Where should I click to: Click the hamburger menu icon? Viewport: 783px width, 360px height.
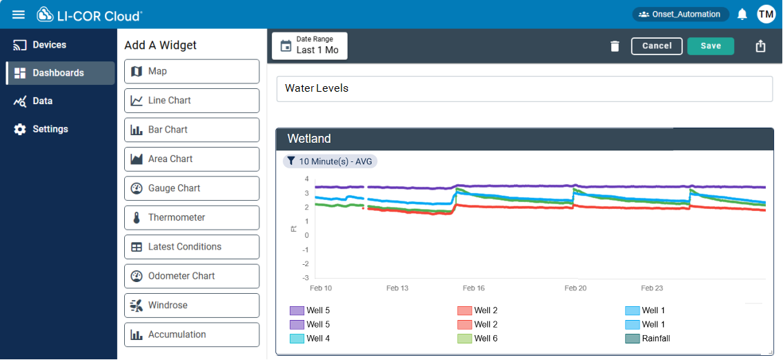click(19, 14)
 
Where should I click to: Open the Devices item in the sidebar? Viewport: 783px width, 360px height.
click(49, 45)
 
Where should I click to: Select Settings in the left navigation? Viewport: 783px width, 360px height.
click(50, 129)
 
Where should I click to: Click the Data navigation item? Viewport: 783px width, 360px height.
click(42, 101)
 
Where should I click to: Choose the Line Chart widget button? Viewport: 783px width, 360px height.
click(192, 101)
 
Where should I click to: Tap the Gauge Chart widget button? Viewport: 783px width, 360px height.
click(192, 188)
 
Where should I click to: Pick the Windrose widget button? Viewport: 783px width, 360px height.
click(192, 306)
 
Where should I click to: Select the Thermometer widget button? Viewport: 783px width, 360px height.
click(192, 218)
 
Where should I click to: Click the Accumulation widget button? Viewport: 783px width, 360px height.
click(192, 335)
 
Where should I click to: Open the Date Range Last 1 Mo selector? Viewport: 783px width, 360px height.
click(310, 46)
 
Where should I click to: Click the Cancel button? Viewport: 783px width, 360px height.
click(656, 46)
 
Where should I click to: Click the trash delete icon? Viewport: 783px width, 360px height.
click(615, 46)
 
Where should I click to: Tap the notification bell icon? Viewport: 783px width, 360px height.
click(742, 14)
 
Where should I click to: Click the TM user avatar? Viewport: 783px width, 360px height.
click(766, 14)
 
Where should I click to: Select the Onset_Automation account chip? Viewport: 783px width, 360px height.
click(680, 14)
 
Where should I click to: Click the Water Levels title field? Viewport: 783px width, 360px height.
click(524, 88)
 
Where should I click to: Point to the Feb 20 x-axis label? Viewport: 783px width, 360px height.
click(575, 288)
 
